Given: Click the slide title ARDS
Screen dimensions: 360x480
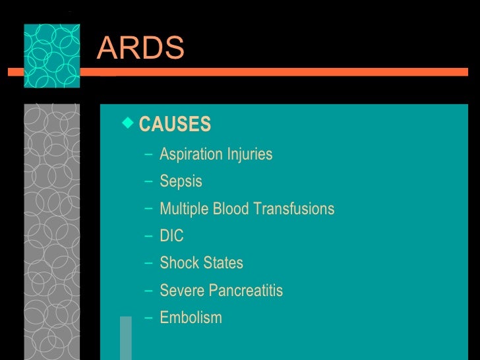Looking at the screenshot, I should point(140,47).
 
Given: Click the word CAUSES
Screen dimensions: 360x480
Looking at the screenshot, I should point(175,124).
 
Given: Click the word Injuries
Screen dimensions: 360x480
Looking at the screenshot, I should point(250,155).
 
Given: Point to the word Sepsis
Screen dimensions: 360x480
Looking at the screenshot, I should point(181,182).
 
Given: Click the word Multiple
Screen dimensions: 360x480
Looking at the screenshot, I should point(183,209).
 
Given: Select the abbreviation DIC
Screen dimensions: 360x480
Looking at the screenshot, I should point(171,236).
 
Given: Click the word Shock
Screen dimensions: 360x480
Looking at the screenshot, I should point(179,263).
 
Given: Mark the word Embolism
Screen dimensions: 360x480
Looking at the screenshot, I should point(191,318).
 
